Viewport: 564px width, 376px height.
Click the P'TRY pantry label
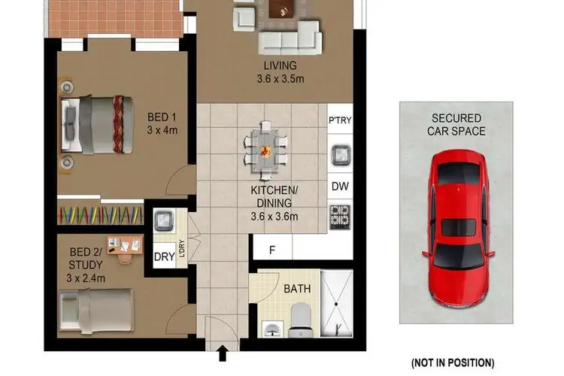[x=340, y=120]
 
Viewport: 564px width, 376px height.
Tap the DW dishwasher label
[x=339, y=185]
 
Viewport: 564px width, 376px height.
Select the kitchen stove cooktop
[x=340, y=216]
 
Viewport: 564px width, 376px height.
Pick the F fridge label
[x=271, y=248]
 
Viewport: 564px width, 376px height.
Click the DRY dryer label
[x=164, y=256]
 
